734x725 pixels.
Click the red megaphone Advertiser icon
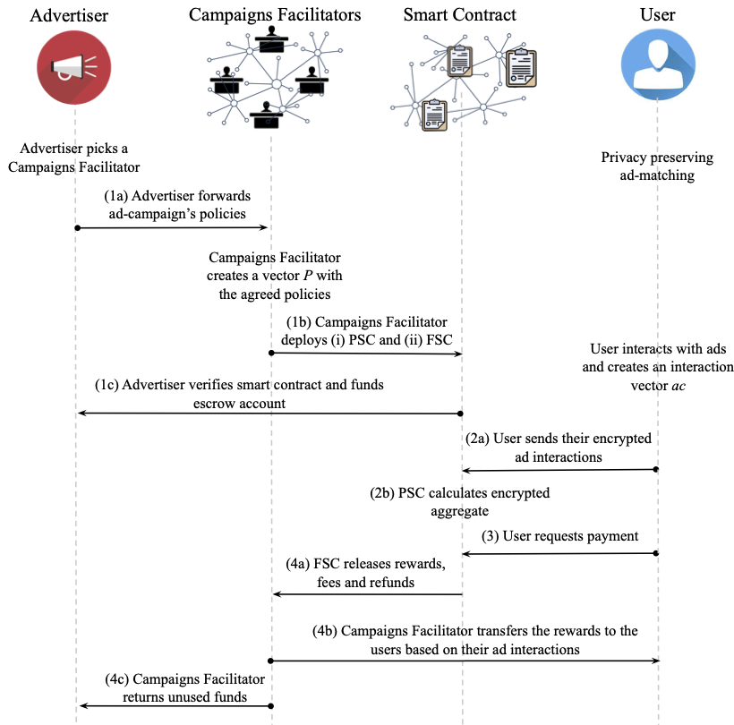(74, 67)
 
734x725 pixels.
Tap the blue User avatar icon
(658, 64)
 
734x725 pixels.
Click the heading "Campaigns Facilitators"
(275, 15)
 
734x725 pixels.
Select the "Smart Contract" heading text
(460, 15)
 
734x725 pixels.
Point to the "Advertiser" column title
(69, 15)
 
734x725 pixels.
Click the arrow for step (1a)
(171, 228)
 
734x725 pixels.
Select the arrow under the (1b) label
(366, 354)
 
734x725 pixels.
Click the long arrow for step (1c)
(270, 414)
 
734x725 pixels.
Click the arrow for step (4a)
(368, 594)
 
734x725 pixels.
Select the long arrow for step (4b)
(465, 661)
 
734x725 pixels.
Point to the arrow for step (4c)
(176, 706)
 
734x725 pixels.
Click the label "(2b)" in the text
(382, 493)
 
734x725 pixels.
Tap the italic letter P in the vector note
(308, 275)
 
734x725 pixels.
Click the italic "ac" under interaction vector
(679, 386)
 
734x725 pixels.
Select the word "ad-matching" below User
(657, 175)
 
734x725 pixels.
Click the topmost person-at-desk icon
(271, 39)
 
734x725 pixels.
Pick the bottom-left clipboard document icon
(434, 115)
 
